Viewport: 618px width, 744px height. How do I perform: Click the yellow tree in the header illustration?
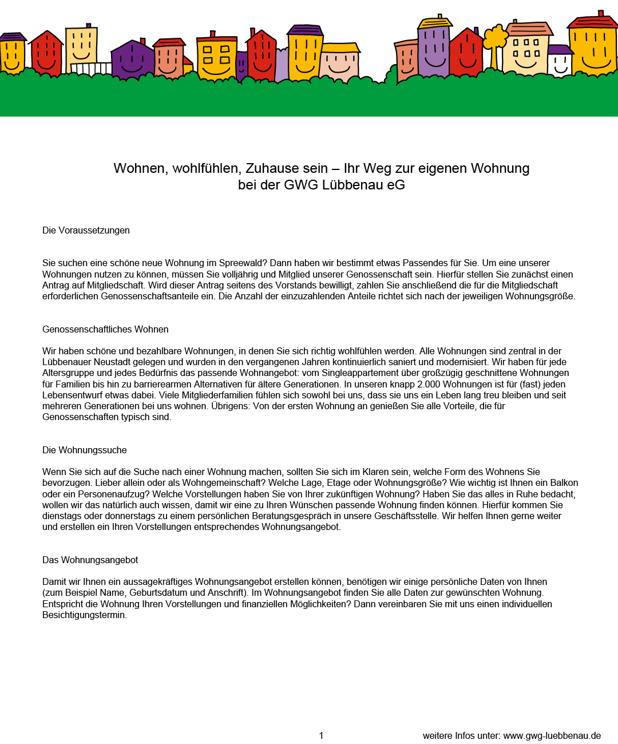(496, 39)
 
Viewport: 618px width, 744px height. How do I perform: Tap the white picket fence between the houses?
(90, 69)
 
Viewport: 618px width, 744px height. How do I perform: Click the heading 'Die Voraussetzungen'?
(86, 230)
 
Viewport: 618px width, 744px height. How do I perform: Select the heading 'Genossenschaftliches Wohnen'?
(105, 329)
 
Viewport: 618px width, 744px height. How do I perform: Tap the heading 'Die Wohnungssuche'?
(85, 450)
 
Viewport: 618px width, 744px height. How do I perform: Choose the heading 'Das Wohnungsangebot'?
(90, 560)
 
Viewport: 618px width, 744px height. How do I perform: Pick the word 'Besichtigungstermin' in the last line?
(84, 615)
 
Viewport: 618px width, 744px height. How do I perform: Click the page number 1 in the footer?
(322, 735)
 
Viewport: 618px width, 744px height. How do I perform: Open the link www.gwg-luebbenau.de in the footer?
(552, 735)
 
